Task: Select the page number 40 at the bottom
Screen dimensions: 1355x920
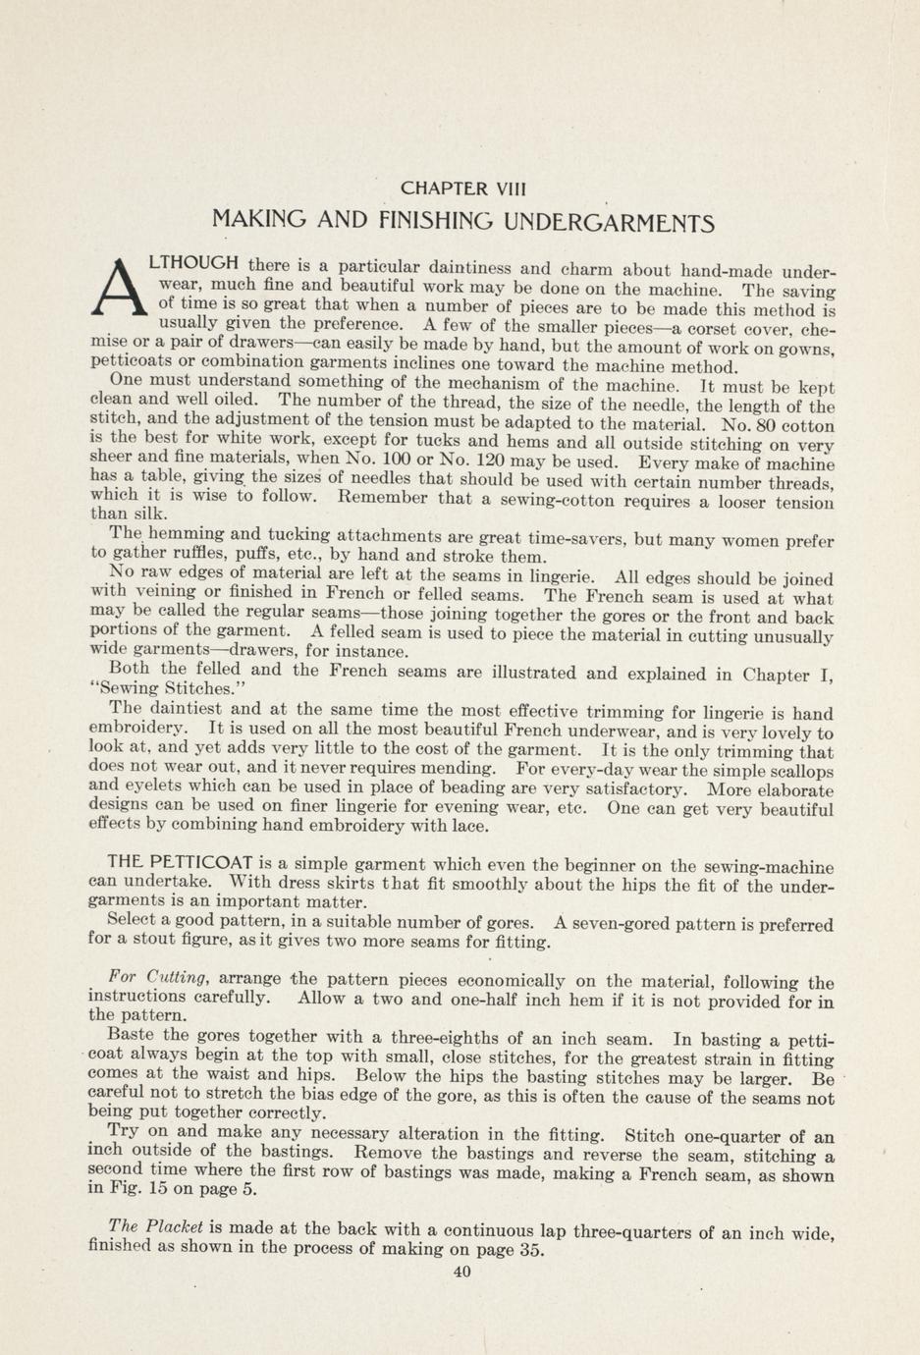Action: click(462, 1272)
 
